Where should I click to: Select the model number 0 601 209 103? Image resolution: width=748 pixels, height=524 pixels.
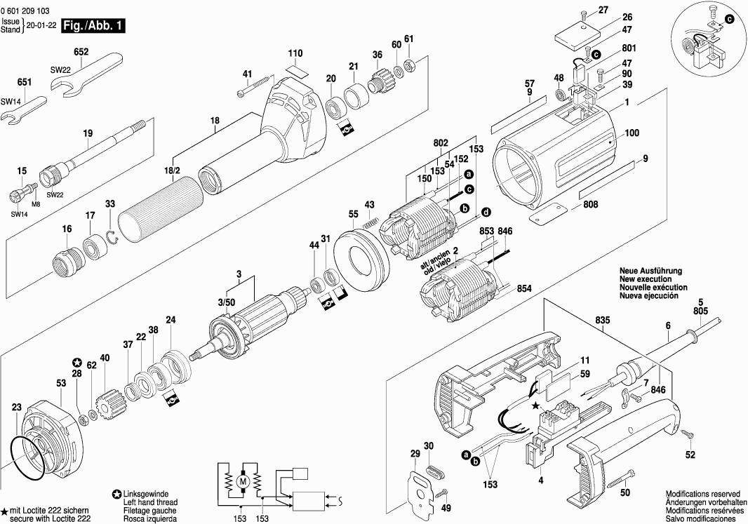click(25, 11)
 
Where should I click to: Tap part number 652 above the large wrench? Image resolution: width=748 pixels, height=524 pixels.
click(81, 51)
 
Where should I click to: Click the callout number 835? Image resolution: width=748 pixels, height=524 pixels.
click(603, 321)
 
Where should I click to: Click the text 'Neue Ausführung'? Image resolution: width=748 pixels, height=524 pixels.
click(650, 271)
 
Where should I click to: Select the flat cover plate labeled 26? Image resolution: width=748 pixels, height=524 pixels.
click(578, 36)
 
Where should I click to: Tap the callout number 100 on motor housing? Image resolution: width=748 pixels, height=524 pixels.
click(632, 133)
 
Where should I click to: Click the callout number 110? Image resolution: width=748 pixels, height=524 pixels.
click(295, 53)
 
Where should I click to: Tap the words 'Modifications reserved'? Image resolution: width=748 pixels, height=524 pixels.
click(703, 494)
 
